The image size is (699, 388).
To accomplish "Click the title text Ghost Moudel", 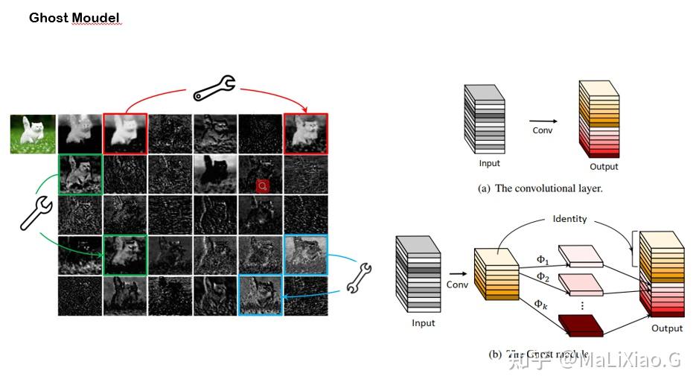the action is [74, 17].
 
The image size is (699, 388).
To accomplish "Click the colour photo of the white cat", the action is [33, 134].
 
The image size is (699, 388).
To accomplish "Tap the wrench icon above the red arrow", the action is [214, 87].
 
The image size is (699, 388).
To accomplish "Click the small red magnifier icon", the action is [261, 185].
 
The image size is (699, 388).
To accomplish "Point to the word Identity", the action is [569, 219].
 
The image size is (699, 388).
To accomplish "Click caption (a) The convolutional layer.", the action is [540, 188].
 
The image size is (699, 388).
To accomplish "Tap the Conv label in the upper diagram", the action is [543, 130].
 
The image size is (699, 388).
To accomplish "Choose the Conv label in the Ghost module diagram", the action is [456, 284].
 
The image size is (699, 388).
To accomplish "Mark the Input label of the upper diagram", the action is [489, 163].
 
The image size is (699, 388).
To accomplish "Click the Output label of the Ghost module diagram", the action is [666, 328].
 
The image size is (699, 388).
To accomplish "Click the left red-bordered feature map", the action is [125, 134].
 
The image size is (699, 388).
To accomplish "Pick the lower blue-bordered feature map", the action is [261, 294].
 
